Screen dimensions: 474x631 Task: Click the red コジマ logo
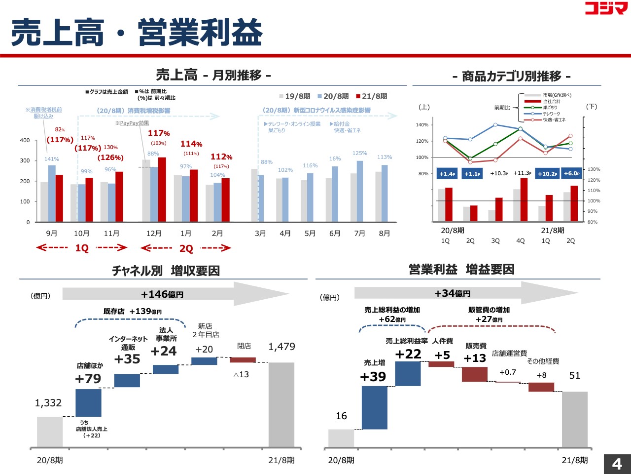point(606,8)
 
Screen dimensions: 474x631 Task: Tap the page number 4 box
point(617,464)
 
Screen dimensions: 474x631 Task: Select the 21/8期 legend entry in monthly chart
point(372,96)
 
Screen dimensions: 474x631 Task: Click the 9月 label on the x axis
point(51,234)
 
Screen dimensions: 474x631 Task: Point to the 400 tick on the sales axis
point(25,141)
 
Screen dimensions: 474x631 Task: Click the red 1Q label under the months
point(82,248)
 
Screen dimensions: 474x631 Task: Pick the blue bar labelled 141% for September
point(52,193)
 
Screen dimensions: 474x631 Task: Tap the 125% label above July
point(360,154)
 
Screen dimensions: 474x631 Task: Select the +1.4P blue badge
point(447,174)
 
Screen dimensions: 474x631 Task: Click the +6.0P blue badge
point(571,174)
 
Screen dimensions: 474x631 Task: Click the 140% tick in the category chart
point(422,125)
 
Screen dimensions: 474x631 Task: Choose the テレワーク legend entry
point(551,114)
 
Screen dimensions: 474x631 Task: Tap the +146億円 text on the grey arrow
point(162,295)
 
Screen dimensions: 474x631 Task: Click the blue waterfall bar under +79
point(88,402)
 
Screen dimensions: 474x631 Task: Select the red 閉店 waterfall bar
point(243,360)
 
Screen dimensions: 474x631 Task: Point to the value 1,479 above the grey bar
point(281,347)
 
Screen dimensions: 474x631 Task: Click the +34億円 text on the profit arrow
point(452,294)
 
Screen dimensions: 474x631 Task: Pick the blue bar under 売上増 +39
point(375,407)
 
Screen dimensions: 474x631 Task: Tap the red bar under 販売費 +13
point(474,374)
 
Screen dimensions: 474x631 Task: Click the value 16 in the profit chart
point(341,416)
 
